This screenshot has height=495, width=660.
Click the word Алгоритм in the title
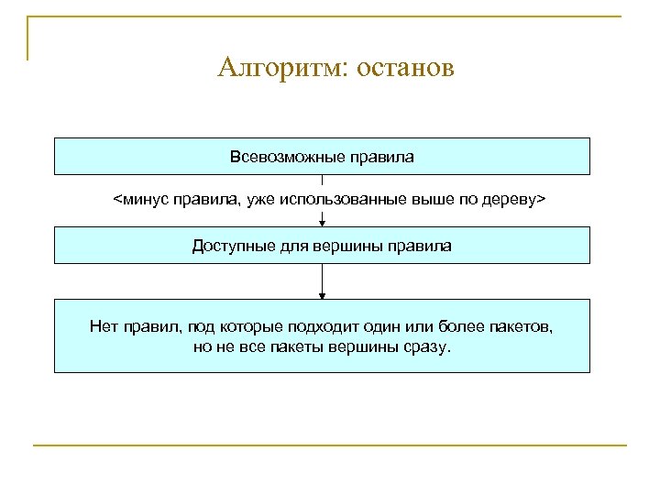tap(278, 70)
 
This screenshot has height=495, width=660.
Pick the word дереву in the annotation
tap(510, 199)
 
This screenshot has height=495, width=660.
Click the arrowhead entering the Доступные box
tap(322, 221)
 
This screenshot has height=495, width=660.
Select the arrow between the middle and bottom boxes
tap(322, 280)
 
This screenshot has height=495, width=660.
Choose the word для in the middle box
tap(288, 247)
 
